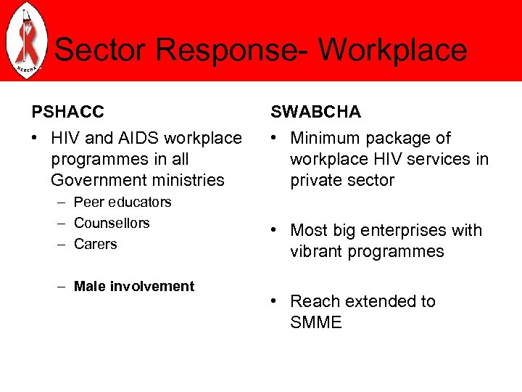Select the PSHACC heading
click(67, 112)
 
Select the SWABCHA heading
click(315, 112)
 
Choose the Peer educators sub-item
click(123, 202)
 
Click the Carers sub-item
click(96, 244)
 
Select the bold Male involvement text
click(134, 286)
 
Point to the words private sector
click(342, 179)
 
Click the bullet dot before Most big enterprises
click(275, 231)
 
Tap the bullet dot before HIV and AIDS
click(36, 139)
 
